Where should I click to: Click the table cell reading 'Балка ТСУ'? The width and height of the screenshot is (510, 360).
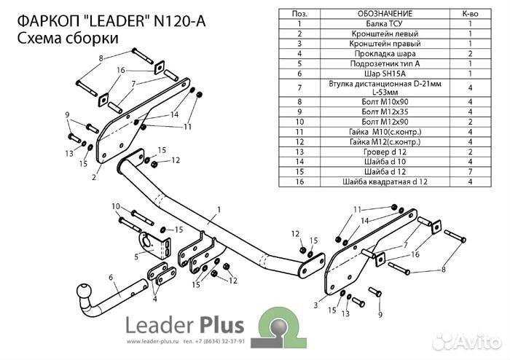click(x=374, y=24)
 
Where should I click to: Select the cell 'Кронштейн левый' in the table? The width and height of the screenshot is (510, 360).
click(x=374, y=34)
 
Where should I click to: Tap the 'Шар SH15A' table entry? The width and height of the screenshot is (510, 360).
click(x=374, y=74)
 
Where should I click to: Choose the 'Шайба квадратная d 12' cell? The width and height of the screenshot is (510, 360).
click(x=374, y=181)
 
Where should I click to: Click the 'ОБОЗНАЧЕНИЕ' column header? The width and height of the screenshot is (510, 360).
click(x=374, y=14)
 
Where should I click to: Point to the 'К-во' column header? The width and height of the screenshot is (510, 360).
click(x=470, y=14)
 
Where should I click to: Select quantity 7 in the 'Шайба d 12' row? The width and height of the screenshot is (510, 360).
click(x=470, y=171)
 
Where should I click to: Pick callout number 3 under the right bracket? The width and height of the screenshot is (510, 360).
click(x=315, y=305)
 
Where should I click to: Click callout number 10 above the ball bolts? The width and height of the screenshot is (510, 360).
click(x=115, y=206)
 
